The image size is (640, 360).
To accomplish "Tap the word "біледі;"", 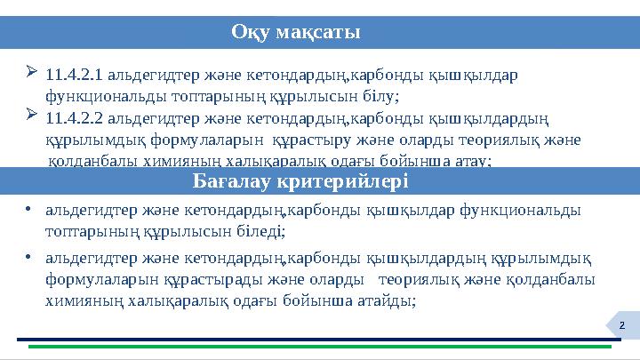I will coord(259,231).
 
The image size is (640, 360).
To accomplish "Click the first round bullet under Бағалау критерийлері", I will coord(29,211).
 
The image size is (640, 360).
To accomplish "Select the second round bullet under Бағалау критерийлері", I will coord(29,258).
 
